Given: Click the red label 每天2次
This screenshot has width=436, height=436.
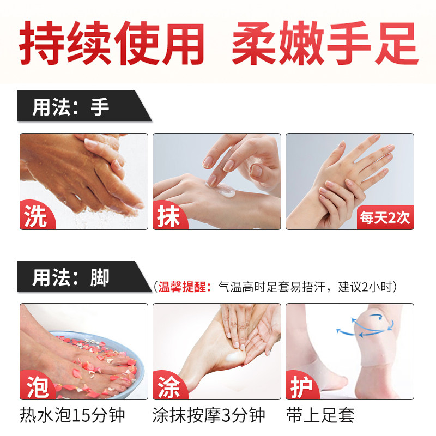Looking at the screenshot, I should point(384,217).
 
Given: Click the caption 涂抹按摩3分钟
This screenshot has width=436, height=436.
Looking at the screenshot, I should point(209,416).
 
